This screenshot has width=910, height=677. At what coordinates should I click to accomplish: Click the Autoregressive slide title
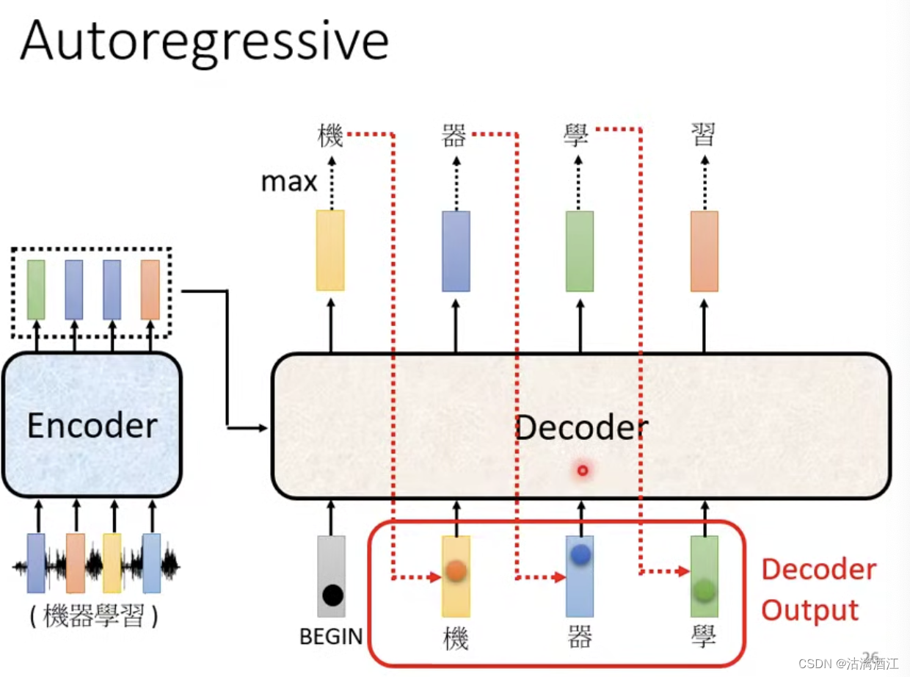click(204, 41)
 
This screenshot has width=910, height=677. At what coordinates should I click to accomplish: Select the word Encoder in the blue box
click(92, 426)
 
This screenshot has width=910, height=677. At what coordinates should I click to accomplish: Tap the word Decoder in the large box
click(581, 427)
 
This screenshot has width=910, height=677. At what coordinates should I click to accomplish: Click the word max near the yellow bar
click(289, 182)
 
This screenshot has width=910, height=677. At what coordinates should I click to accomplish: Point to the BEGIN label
click(331, 637)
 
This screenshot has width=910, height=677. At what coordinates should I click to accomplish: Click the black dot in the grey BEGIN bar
click(332, 595)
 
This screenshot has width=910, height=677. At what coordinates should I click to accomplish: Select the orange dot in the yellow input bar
click(456, 571)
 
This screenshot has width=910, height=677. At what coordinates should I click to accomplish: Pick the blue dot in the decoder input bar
click(580, 555)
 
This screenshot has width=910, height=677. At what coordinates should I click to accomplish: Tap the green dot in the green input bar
click(704, 589)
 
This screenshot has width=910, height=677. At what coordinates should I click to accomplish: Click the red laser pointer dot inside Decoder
click(583, 470)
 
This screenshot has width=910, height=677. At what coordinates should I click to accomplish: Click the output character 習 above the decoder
click(703, 135)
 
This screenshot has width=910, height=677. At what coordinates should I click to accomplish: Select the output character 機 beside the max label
click(330, 135)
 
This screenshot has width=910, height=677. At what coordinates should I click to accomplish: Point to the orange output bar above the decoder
click(705, 251)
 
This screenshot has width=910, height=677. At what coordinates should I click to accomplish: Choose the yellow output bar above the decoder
click(330, 250)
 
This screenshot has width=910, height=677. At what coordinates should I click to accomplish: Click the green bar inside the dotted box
click(36, 289)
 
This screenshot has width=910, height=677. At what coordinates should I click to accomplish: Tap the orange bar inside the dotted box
click(150, 289)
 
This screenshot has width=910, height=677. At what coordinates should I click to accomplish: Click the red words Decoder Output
click(818, 590)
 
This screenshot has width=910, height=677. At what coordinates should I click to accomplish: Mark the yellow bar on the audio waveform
click(112, 563)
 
